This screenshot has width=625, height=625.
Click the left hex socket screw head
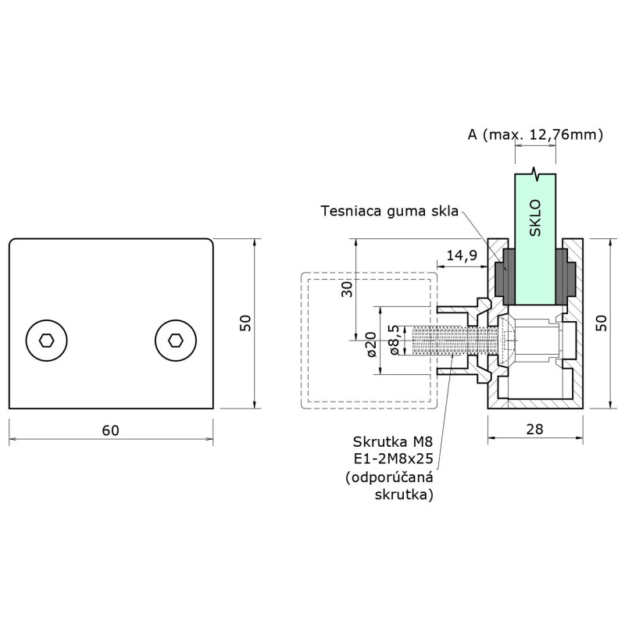pos(46,341)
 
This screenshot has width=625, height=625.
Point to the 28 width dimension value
pos(536,429)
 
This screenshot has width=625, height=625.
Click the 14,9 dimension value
pos(462,255)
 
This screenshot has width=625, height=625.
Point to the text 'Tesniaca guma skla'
pos(389,210)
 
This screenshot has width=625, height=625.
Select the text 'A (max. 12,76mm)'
pos(535,134)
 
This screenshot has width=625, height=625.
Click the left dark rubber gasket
pos(504,277)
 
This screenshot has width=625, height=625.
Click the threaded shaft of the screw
pos(453,341)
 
